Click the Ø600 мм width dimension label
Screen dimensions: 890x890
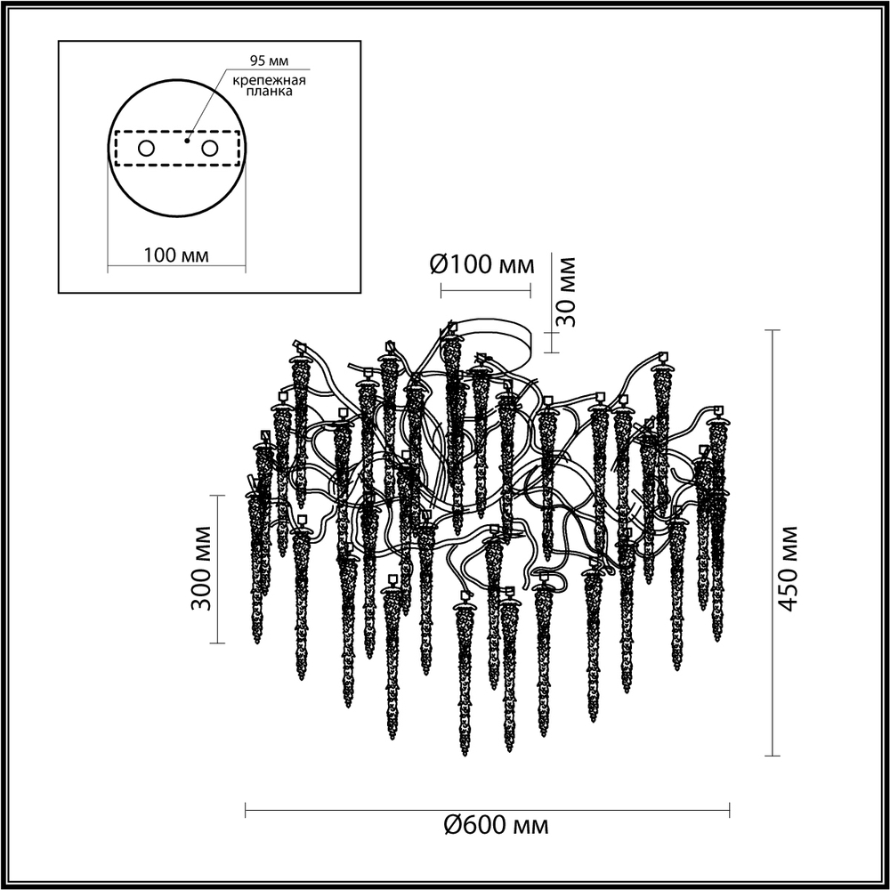point(497,826)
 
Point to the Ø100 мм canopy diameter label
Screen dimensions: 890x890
point(482,264)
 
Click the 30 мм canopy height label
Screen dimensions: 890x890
point(567,290)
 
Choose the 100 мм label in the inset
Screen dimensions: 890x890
point(175,255)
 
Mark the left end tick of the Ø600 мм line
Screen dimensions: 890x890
point(245,809)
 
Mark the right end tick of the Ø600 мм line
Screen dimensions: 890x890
point(730,809)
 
